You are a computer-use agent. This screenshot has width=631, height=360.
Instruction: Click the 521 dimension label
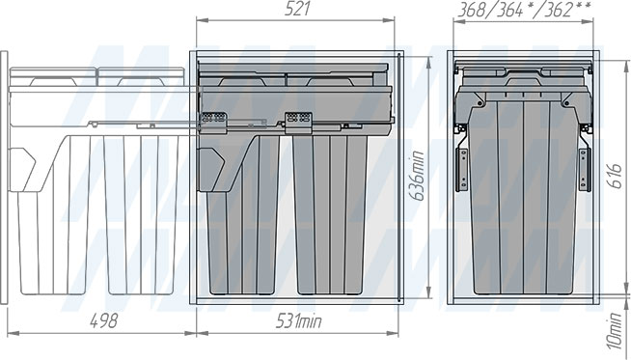click(297, 10)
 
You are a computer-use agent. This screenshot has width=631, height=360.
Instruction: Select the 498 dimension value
click(103, 321)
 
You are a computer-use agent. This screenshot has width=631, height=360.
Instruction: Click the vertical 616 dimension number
click(616, 176)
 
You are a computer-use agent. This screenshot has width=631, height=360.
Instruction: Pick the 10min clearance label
click(615, 331)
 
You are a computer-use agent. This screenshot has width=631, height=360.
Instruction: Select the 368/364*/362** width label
click(524, 10)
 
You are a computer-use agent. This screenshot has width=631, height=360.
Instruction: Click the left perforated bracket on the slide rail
click(213, 123)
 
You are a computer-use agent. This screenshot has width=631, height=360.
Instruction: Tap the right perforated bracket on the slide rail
click(298, 123)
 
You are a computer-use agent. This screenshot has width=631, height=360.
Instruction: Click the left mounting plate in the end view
click(461, 169)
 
